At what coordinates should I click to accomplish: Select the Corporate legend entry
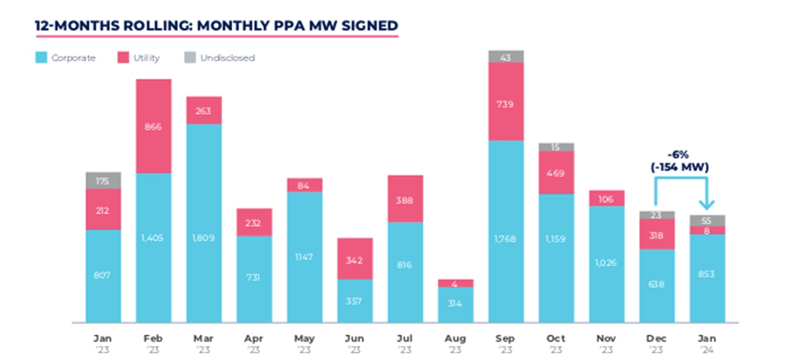66,58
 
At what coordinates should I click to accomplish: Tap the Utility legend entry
139,58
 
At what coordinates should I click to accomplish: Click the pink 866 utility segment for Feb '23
153,126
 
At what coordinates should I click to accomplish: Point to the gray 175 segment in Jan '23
103,181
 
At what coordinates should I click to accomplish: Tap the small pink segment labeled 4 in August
456,284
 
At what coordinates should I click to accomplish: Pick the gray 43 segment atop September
506,57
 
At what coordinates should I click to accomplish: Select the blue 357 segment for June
355,301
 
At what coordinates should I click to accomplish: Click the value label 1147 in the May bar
305,256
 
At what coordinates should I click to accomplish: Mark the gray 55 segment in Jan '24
707,221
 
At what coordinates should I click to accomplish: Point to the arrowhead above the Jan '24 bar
707,206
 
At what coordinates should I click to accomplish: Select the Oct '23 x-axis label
556,343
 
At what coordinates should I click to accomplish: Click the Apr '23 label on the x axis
254,343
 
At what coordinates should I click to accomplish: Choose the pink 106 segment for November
606,198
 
